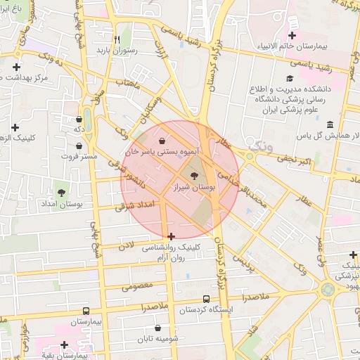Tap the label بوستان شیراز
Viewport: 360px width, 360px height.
click(x=194, y=188)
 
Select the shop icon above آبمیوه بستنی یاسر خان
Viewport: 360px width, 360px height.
click(x=162, y=139)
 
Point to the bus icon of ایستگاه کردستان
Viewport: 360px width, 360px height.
click(x=206, y=299)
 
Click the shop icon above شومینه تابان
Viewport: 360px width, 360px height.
click(x=158, y=328)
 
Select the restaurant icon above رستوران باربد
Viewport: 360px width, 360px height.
click(x=117, y=39)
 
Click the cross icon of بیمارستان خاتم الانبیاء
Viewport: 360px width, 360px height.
click(x=292, y=35)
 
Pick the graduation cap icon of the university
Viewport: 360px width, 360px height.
click(x=289, y=79)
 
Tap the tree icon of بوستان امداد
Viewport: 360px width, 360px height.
click(x=61, y=192)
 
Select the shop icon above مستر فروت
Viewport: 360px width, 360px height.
click(x=79, y=146)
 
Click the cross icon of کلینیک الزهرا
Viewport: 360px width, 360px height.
click(x=15, y=127)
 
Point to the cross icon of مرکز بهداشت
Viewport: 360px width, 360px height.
click(x=16, y=67)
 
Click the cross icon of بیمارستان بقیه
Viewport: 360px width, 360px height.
click(x=64, y=345)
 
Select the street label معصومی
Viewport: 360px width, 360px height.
click(x=136, y=285)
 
